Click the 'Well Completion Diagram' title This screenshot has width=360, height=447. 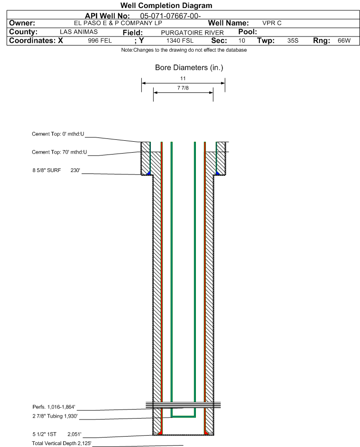coord(166,5)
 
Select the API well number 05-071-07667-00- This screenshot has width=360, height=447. coord(170,16)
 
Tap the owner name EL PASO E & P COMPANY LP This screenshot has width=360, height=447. coord(118,23)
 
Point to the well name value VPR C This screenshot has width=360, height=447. coord(272,23)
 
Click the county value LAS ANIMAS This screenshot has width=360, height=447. coord(79,32)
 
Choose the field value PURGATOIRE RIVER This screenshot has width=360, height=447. coord(192,33)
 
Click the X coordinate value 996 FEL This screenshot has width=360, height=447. coord(100,40)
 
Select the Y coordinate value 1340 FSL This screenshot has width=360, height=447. coord(180,40)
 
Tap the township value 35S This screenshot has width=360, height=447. coord(293,40)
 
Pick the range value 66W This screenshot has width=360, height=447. coord(344,40)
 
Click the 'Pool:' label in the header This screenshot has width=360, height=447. coord(248,32)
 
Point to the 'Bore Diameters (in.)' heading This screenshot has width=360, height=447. coord(189,68)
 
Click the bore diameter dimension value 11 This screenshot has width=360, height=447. coord(183,78)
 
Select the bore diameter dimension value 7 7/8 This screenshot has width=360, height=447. coord(183,88)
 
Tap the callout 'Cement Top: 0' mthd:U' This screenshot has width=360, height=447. coord(58,134)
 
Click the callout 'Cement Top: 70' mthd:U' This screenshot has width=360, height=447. coord(59,152)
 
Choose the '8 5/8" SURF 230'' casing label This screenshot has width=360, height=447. coord(56,170)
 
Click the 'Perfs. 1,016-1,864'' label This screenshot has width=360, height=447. coord(54,407)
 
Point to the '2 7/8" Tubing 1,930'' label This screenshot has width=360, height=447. coord(55,416)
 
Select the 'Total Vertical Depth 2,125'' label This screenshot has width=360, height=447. coord(62,443)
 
